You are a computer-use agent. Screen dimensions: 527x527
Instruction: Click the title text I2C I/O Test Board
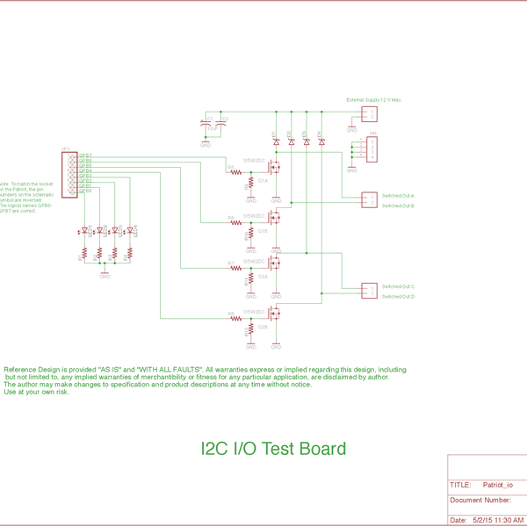pyautogui.click(x=274, y=449)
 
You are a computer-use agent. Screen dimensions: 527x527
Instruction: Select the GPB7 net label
pyautogui.click(x=85, y=155)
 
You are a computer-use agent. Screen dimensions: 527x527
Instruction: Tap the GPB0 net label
pyautogui.click(x=85, y=191)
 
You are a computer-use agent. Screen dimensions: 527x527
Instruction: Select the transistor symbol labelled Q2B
pyautogui.click(x=274, y=314)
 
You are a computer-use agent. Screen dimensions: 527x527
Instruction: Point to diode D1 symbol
pyautogui.click(x=275, y=141)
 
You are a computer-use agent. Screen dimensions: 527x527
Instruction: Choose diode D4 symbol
pyautogui.click(x=321, y=141)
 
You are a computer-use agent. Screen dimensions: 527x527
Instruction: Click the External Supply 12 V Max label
pyautogui.click(x=373, y=101)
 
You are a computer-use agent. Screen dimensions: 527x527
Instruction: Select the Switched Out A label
pyautogui.click(x=398, y=195)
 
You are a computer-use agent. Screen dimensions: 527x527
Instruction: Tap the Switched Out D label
pyautogui.click(x=398, y=297)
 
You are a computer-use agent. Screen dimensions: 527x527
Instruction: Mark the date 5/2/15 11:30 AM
pyautogui.click(x=498, y=520)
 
